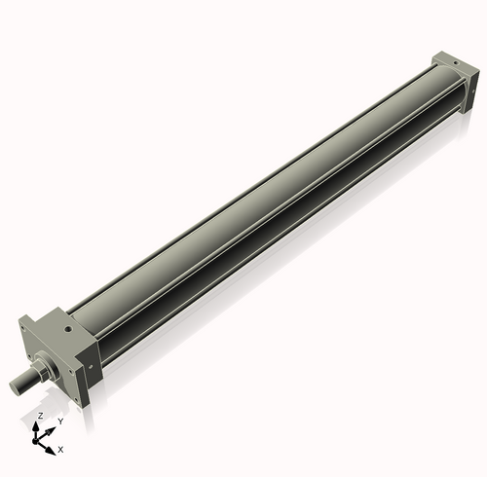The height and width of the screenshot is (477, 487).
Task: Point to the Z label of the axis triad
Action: tap(39, 416)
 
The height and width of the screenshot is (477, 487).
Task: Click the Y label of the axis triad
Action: tap(60, 421)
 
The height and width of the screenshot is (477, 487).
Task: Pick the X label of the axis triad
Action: tap(60, 450)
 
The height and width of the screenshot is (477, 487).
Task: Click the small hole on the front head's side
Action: tap(91, 366)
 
